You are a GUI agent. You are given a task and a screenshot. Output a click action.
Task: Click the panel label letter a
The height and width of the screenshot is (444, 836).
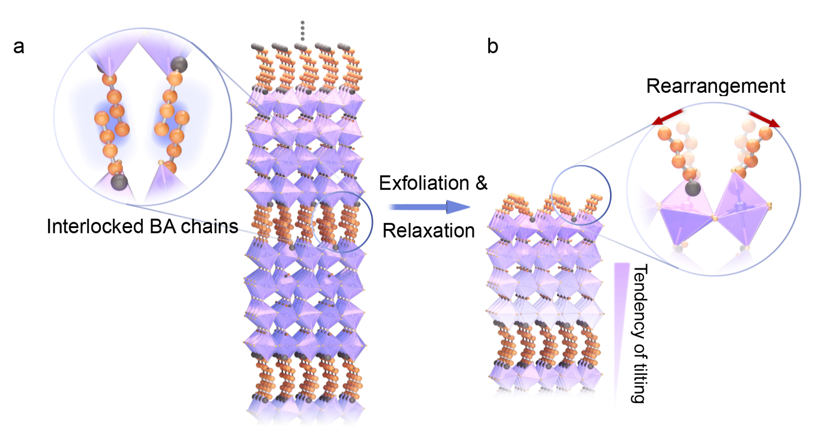pos(18,47)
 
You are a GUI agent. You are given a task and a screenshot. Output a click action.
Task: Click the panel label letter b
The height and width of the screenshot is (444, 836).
pos(492,46)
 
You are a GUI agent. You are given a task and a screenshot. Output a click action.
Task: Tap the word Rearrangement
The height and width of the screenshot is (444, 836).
pos(715,86)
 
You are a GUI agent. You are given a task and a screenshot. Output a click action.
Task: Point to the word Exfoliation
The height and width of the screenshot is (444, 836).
pos(424,183)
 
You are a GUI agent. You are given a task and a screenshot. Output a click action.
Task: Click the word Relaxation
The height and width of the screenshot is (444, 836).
pos(428,231)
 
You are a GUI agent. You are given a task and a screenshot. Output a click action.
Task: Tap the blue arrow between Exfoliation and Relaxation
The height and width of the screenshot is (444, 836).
pos(429,207)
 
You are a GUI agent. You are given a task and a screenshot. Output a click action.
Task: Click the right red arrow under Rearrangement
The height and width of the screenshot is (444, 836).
pos(764,120)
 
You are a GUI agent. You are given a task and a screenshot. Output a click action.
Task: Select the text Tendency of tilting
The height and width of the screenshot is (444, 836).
pos(639,333)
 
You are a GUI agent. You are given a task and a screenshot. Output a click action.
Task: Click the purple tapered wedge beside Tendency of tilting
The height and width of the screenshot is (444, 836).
pos(621,314)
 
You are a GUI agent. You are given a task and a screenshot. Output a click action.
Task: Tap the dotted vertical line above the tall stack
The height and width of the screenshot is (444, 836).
pos(302,30)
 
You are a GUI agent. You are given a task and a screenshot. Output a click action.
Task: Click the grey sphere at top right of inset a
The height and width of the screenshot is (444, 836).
pos(179,65)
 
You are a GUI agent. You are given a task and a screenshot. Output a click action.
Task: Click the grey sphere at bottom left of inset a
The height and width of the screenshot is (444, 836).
pos(119,182)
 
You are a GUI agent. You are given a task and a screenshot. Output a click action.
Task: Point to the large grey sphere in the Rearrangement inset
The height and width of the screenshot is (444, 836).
pos(693,188)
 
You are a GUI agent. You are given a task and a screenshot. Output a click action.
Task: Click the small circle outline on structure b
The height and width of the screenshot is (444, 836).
pos(581,195)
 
